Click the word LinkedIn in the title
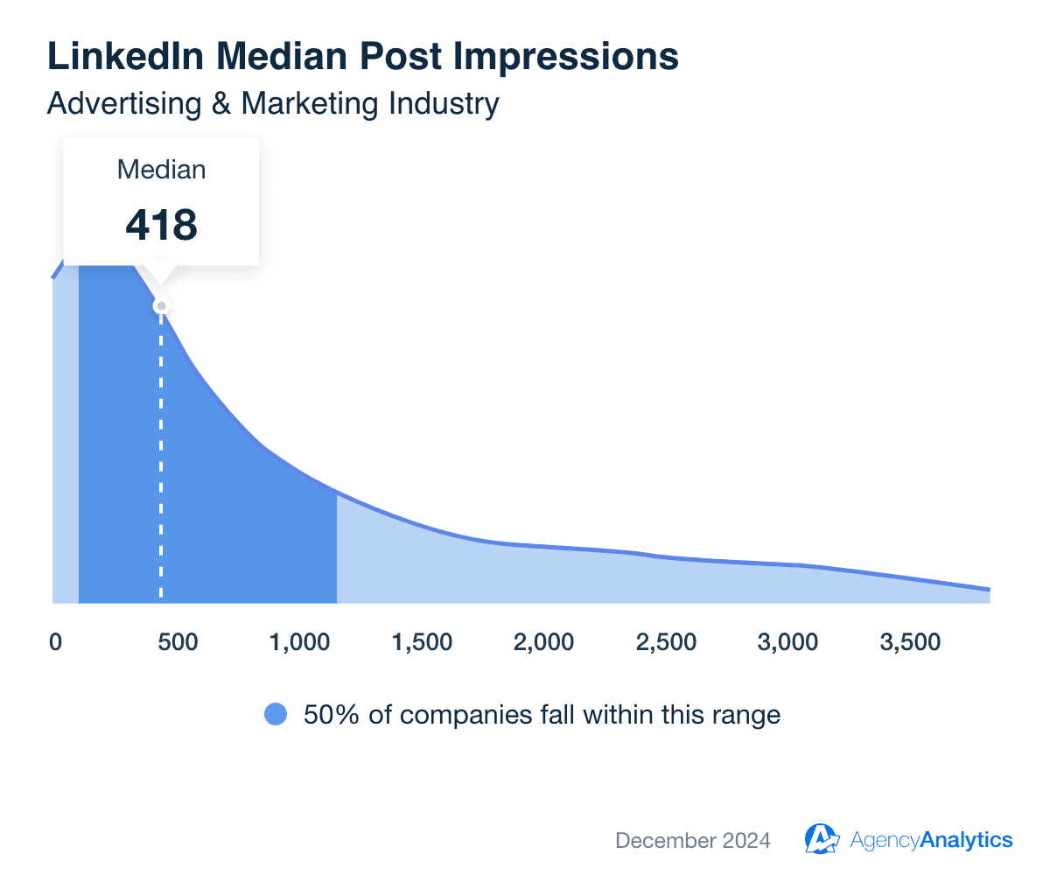point(122,57)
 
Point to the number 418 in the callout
point(162,225)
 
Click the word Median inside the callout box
point(162,170)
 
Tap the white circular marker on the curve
point(160,306)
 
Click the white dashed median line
point(161,455)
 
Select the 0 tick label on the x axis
point(55,642)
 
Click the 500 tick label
point(178,642)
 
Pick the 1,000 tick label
point(300,642)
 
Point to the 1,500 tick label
point(423,642)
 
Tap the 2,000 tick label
point(544,642)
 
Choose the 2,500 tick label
point(667,642)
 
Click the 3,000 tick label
point(788,642)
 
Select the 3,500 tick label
point(911,642)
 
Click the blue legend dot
point(276,715)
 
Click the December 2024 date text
point(693,841)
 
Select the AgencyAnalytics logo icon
point(822,839)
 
